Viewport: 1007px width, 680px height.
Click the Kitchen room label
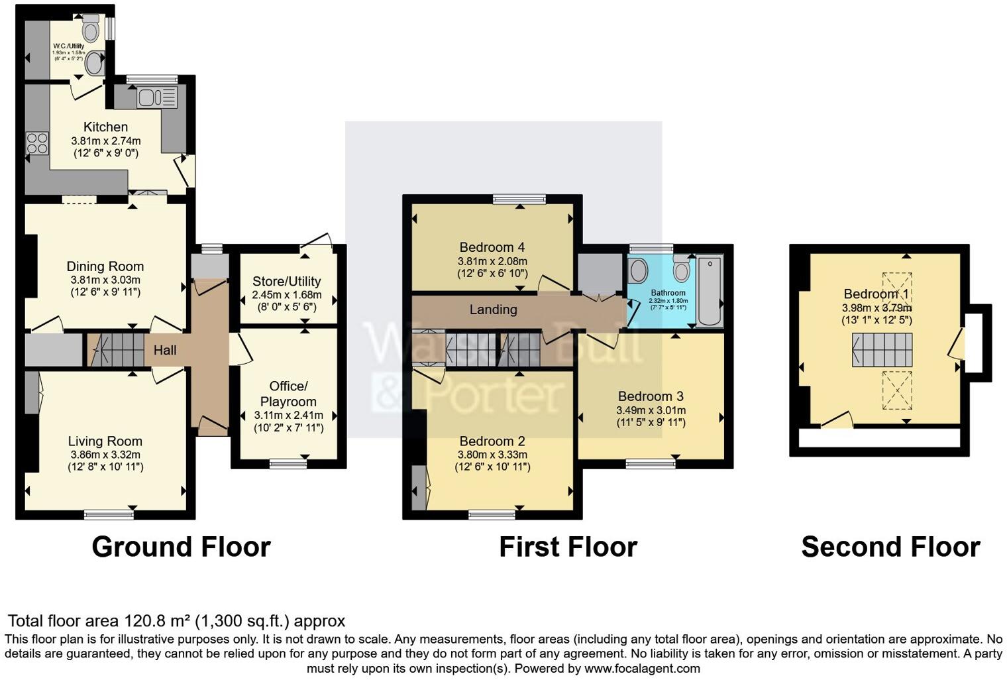pyautogui.click(x=105, y=127)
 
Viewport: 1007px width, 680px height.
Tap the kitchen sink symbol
pyautogui.click(x=157, y=98)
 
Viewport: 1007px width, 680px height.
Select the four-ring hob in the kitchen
pyautogui.click(x=37, y=142)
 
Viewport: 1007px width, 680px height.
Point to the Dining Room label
pyautogui.click(x=105, y=266)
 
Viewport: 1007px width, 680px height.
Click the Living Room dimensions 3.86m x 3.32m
pyautogui.click(x=105, y=455)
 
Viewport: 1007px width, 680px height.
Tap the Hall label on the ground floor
pyautogui.click(x=165, y=350)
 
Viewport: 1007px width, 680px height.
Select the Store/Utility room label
pyautogui.click(x=286, y=281)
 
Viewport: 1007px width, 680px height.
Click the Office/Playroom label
pyautogui.click(x=288, y=394)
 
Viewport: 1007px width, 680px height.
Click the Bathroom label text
pyautogui.click(x=668, y=292)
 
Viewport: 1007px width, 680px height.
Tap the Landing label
pyautogui.click(x=493, y=310)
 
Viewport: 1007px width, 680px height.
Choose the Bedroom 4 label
pyautogui.click(x=492, y=248)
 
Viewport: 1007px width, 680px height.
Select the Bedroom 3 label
pyautogui.click(x=651, y=396)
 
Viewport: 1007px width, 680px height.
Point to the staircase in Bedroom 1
pyautogui.click(x=882, y=350)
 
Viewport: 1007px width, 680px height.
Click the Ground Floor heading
pyautogui.click(x=181, y=547)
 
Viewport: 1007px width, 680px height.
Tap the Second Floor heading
pyautogui.click(x=890, y=547)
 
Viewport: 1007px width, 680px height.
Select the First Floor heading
pyautogui.click(x=568, y=547)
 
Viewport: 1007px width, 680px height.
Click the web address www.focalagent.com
pyautogui.click(x=642, y=668)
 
